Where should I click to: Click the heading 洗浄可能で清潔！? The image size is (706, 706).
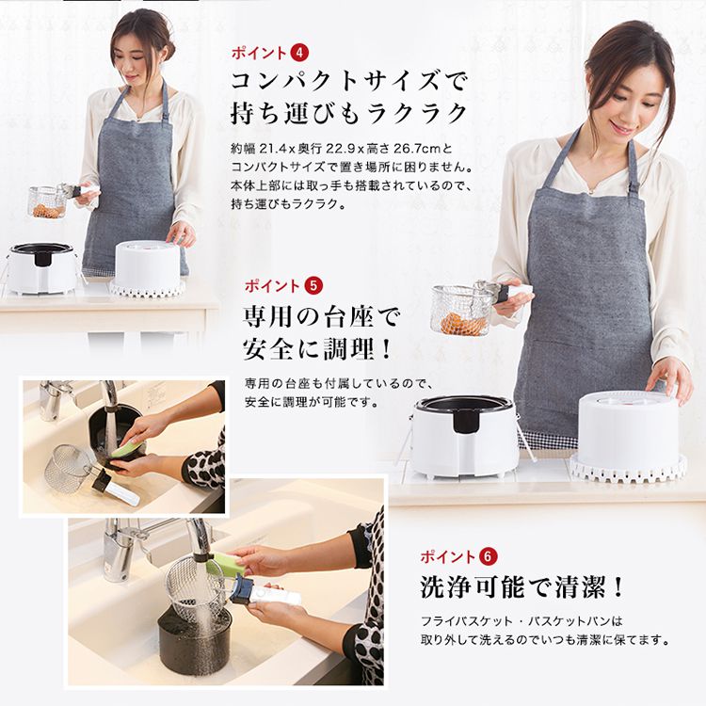coord(522,587)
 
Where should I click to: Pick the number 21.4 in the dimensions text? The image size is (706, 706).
coord(269,150)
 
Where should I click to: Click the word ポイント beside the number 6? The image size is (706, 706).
coord(449,555)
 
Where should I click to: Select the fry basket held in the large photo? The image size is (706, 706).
coord(461,311)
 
